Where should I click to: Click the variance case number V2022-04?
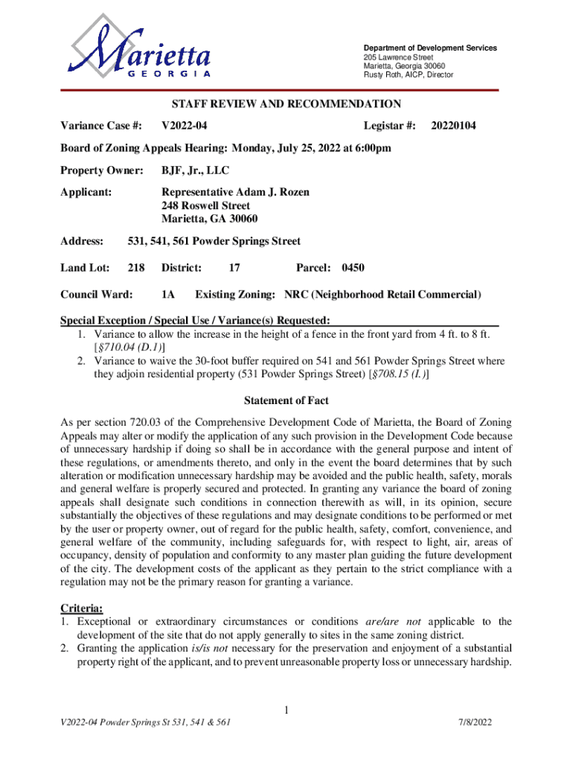pyautogui.click(x=182, y=126)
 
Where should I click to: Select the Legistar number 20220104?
pyautogui.click(x=454, y=126)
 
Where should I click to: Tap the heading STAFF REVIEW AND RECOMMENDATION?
pyautogui.click(x=286, y=104)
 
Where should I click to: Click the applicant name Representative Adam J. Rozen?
pyautogui.click(x=235, y=192)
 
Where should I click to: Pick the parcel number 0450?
pyautogui.click(x=353, y=268)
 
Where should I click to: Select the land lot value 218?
pyautogui.click(x=135, y=268)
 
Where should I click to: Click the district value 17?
pyautogui.click(x=234, y=268)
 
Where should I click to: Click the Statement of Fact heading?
pyautogui.click(x=286, y=400)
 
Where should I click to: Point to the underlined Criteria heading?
pyautogui.click(x=81, y=607)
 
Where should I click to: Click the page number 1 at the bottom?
pyautogui.click(x=286, y=708)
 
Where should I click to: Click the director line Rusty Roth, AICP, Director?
pyautogui.click(x=408, y=74)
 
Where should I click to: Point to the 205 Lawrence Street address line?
pyautogui.click(x=398, y=57)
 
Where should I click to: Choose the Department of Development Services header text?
pyautogui.click(x=430, y=48)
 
